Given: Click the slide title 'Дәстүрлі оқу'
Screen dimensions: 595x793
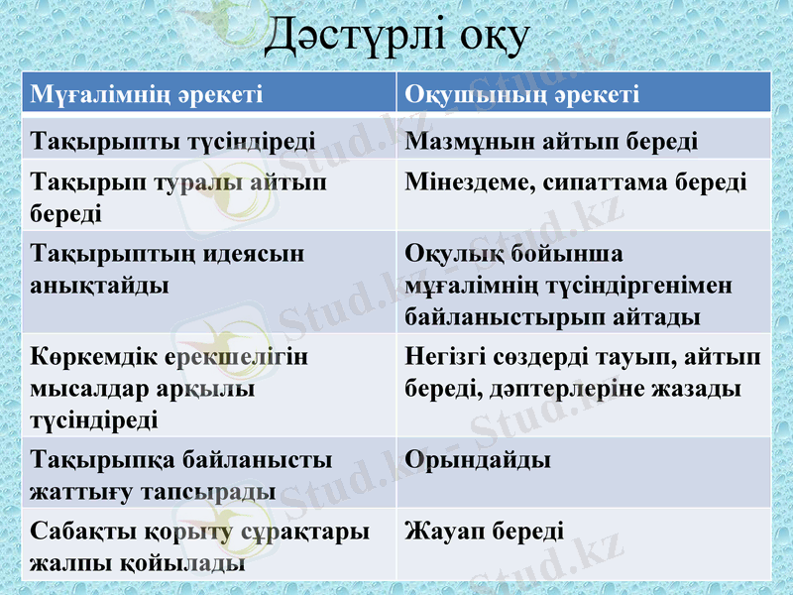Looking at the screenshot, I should click(x=396, y=36).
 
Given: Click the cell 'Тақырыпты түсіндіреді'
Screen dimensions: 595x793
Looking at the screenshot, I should click(x=173, y=140).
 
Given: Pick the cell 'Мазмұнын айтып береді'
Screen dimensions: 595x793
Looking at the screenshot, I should click(x=551, y=140).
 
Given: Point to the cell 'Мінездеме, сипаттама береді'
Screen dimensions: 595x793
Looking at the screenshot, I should click(x=576, y=183).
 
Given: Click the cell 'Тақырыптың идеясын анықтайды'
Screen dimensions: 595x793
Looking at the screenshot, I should click(x=168, y=269).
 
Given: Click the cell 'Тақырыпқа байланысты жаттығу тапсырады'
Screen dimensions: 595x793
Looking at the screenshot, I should click(x=181, y=475).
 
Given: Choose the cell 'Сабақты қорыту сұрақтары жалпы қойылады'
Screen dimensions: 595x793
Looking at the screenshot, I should click(x=199, y=546).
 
